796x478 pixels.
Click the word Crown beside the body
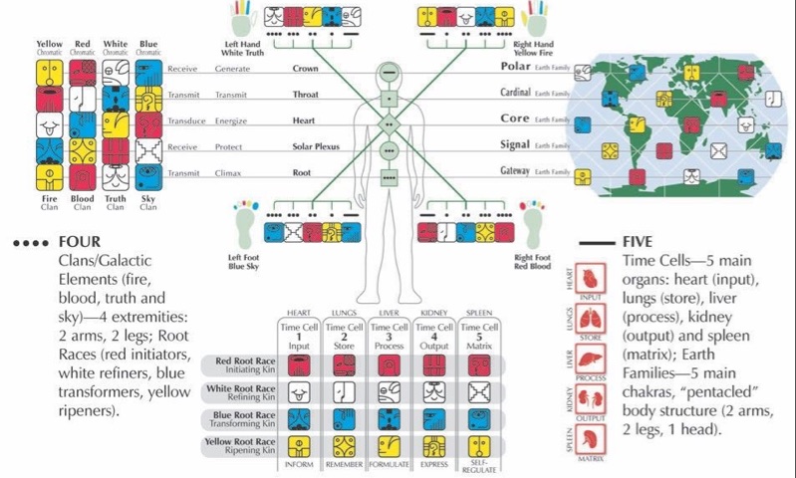point(305,70)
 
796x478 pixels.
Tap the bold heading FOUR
point(81,242)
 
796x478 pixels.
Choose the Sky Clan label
point(148,203)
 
